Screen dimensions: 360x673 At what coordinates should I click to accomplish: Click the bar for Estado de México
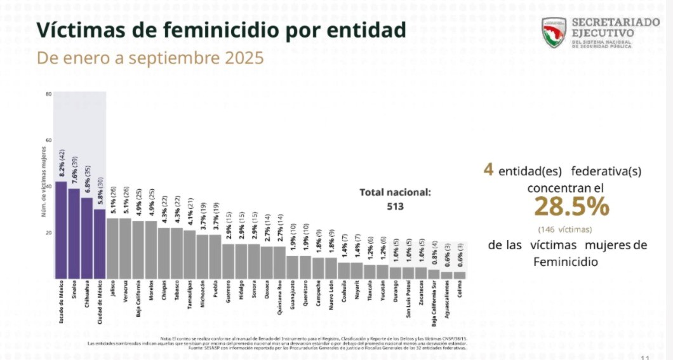[61, 230]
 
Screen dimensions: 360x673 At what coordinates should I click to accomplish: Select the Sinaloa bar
[74, 234]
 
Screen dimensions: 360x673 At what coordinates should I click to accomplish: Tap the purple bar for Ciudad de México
[100, 244]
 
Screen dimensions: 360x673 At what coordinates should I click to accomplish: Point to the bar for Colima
[460, 275]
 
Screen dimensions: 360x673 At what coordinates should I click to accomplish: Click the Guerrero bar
[228, 261]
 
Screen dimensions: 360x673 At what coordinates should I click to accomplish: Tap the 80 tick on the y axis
[48, 95]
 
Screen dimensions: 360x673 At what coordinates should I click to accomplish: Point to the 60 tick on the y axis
[48, 140]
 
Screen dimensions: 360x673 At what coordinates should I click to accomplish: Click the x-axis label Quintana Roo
[279, 295]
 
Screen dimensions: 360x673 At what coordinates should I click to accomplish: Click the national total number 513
[395, 206]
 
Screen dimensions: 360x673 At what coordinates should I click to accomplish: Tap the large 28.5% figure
[571, 206]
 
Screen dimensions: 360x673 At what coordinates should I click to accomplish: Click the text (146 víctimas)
[564, 229]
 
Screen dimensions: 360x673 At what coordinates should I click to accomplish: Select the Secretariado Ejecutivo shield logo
[554, 32]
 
